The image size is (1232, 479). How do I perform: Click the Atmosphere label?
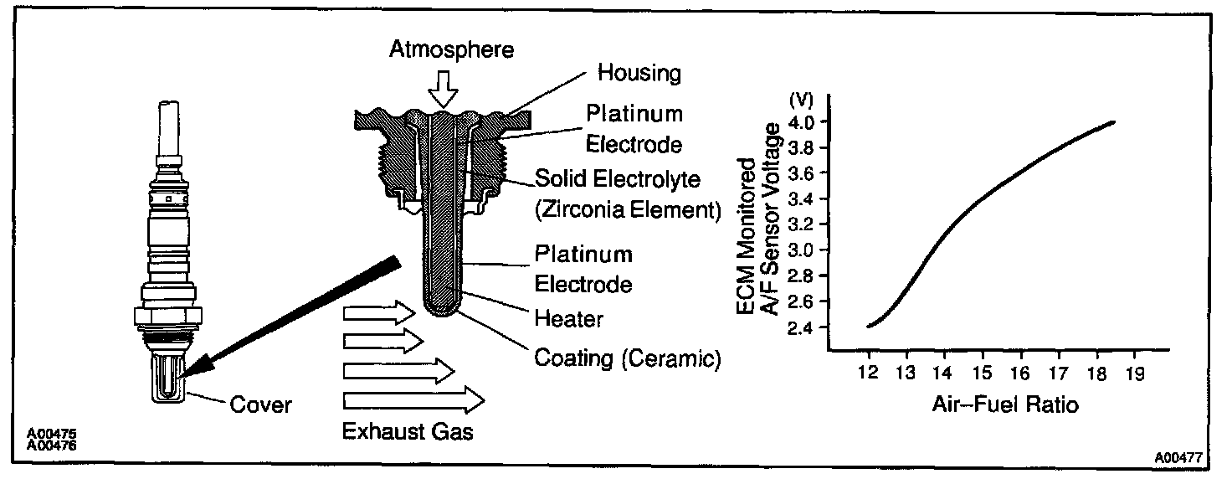pos(451,49)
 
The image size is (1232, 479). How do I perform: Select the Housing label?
pos(639,73)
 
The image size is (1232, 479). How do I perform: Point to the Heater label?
pos(568,318)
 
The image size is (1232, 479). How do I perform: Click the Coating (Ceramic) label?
pos(627,358)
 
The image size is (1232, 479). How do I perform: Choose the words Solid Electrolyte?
pos(619,179)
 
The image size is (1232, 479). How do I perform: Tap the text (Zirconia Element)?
pos(627,211)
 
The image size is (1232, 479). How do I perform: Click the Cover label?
pos(260,405)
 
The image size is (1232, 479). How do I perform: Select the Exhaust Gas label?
pos(407,432)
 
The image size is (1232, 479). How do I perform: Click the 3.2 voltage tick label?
pos(803,224)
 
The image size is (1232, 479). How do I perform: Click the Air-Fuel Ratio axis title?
pos(1004,405)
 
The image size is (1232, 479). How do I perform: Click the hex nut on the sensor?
pos(168,317)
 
